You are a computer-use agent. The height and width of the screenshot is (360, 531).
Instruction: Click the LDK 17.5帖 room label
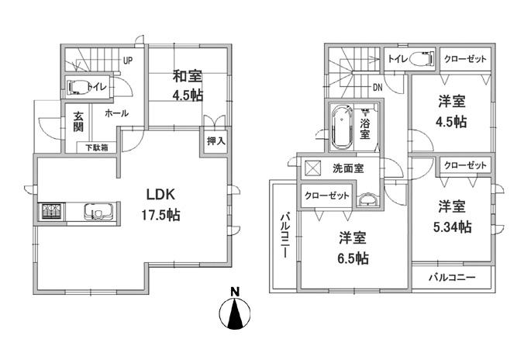coord(159,205)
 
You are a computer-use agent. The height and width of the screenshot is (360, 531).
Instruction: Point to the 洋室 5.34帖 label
coord(453,216)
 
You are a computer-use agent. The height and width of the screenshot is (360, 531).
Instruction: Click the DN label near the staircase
coord(377,87)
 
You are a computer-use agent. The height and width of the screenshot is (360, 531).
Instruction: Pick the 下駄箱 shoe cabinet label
coord(96,147)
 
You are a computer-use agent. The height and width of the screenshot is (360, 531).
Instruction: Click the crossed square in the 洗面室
coord(313,168)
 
